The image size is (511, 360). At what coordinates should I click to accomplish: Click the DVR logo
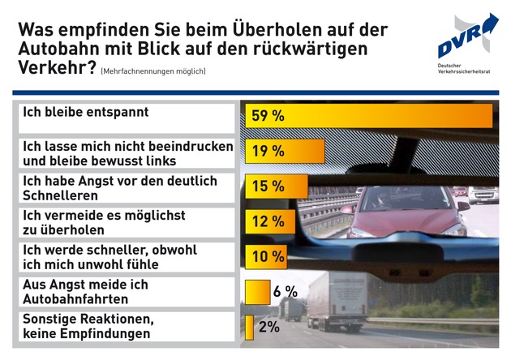click(466, 36)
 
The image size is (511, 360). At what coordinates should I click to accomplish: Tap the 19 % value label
click(268, 152)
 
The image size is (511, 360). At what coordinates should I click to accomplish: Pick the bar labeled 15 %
click(276, 186)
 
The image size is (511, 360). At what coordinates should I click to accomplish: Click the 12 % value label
click(268, 221)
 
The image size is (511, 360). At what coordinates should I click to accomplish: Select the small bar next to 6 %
click(256, 291)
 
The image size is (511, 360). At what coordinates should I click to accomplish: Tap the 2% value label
click(269, 326)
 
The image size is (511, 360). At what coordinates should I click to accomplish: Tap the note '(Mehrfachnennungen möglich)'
click(153, 72)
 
